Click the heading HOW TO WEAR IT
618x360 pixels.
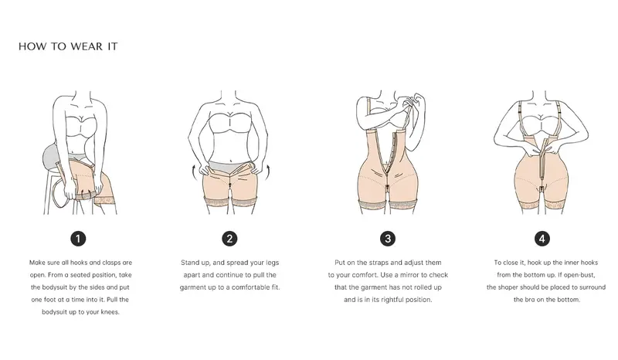pos(68,46)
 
